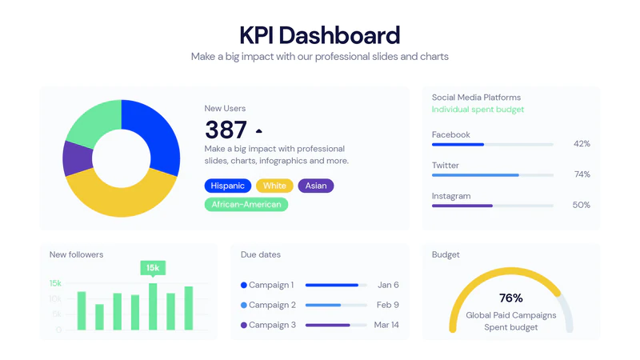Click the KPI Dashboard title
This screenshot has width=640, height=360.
point(320,36)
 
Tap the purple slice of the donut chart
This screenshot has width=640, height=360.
point(77,158)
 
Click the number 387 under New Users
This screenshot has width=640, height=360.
point(226,130)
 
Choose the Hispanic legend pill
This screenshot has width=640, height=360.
point(228,186)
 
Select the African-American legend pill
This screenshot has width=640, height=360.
point(246,205)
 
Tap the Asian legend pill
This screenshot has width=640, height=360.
point(316,186)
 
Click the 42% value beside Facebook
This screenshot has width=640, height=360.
point(582,144)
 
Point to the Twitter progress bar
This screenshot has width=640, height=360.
point(492,174)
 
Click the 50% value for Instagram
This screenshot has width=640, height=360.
point(582,205)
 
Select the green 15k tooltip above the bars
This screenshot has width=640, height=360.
point(152,268)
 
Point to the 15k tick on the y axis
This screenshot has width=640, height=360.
point(55,283)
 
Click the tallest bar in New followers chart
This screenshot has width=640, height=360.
point(153,306)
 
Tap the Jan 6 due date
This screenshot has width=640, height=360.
point(388,285)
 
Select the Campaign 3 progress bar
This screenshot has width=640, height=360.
point(336,325)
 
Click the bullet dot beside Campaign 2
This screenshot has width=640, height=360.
point(244,305)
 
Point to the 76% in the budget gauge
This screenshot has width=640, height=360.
point(510,298)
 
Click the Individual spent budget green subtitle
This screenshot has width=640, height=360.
point(478,110)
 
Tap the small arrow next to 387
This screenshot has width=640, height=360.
point(258,130)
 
